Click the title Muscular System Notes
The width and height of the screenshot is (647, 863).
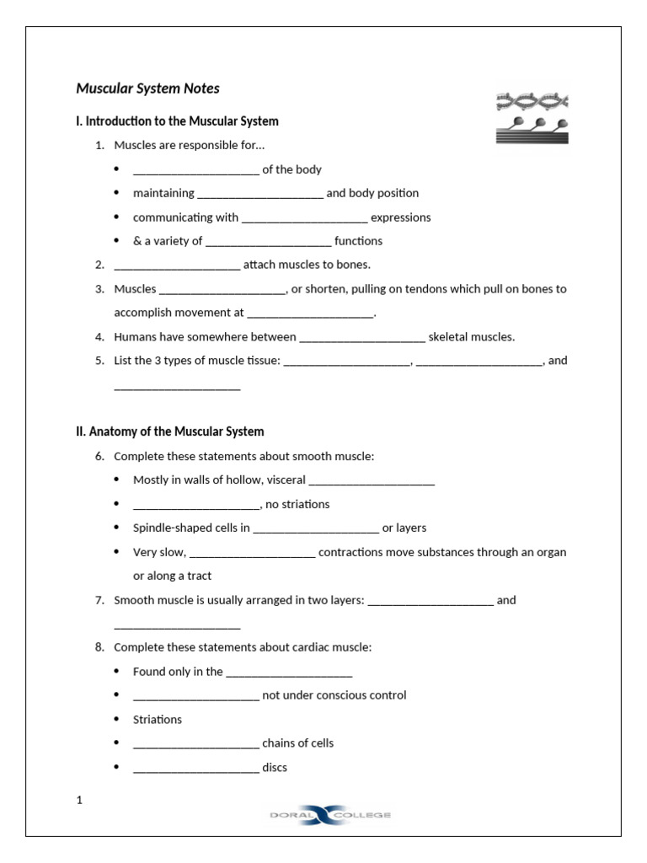147,88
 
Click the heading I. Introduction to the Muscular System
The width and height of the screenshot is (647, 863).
177,121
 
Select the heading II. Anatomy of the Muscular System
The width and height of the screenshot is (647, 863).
169,431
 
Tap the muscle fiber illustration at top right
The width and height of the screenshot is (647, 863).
532,117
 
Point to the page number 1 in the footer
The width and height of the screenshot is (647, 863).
79,801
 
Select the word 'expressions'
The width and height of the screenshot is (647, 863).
400,217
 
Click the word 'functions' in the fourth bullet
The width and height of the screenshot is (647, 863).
358,241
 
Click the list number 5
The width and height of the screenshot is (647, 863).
99,361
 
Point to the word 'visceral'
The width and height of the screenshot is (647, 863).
286,480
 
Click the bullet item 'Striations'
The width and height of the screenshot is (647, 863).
158,720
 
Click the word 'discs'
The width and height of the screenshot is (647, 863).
275,768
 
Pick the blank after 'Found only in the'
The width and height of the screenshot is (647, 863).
289,673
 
